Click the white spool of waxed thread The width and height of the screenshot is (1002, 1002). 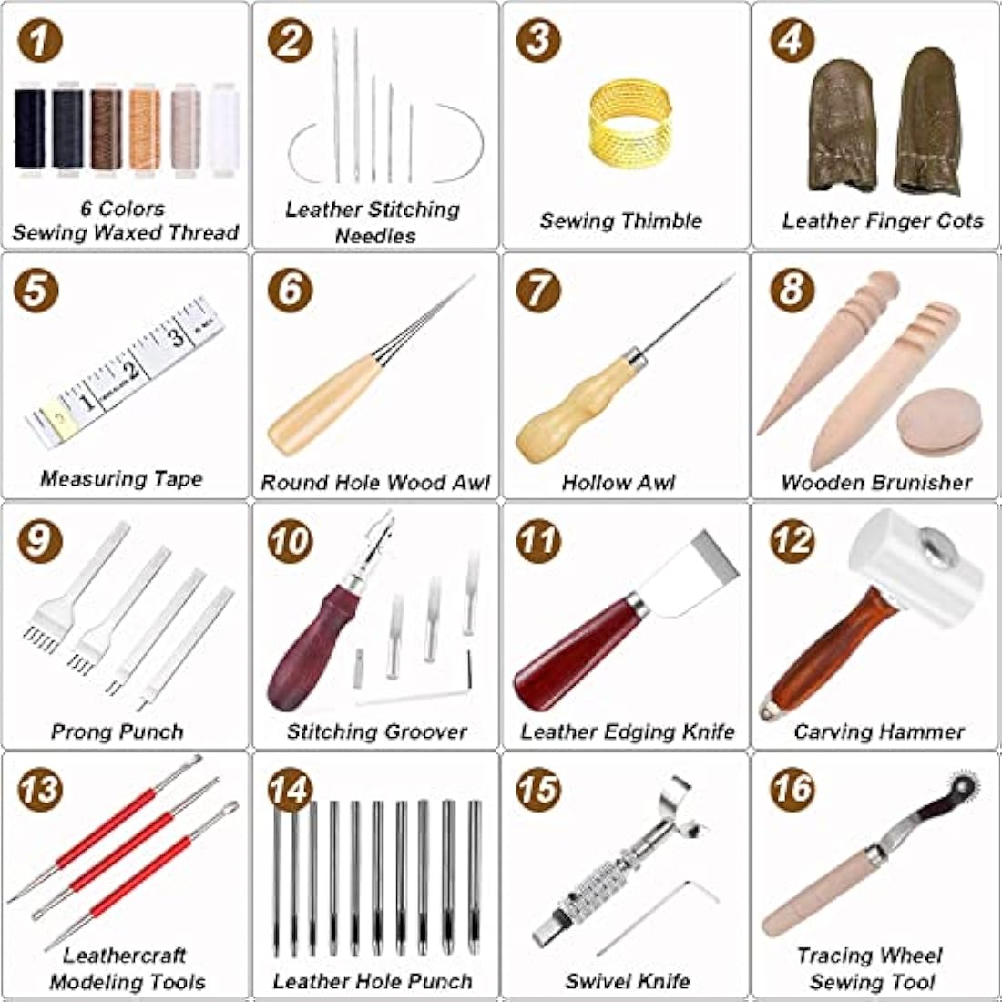tap(223, 128)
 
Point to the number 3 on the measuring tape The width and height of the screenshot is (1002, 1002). tap(176, 337)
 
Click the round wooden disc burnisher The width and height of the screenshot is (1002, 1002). tap(938, 420)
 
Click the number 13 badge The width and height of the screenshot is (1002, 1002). tap(39, 790)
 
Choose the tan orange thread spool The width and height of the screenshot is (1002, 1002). tap(144, 128)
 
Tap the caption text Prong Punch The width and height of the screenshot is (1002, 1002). tap(118, 731)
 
